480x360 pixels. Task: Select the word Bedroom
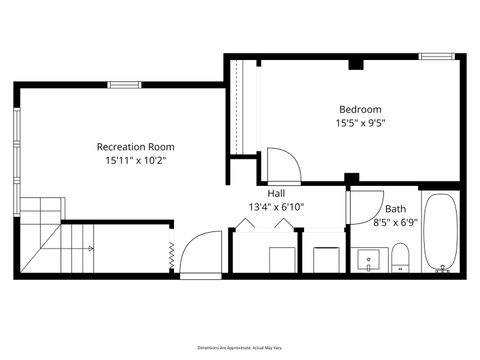360,109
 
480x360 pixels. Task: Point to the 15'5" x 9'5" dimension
360,123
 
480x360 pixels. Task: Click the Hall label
276,193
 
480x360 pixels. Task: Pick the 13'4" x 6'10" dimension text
276,207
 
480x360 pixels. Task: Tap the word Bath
395,209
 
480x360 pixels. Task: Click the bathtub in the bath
440,232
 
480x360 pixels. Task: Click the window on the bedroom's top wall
436,56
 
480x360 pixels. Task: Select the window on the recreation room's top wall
123,85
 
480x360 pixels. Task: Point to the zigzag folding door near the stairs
171,255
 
